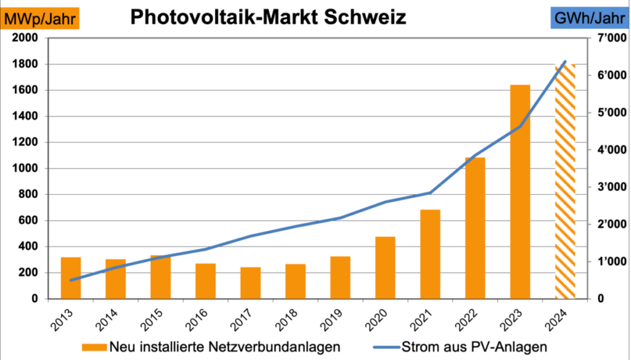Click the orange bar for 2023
520,192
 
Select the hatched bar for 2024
565,181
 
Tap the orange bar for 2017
250,283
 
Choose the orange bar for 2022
475,228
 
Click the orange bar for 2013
70,278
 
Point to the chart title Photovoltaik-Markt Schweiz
268,17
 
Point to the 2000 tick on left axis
25,38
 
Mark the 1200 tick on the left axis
25,142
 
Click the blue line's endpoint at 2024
565,62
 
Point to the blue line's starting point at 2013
71,280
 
